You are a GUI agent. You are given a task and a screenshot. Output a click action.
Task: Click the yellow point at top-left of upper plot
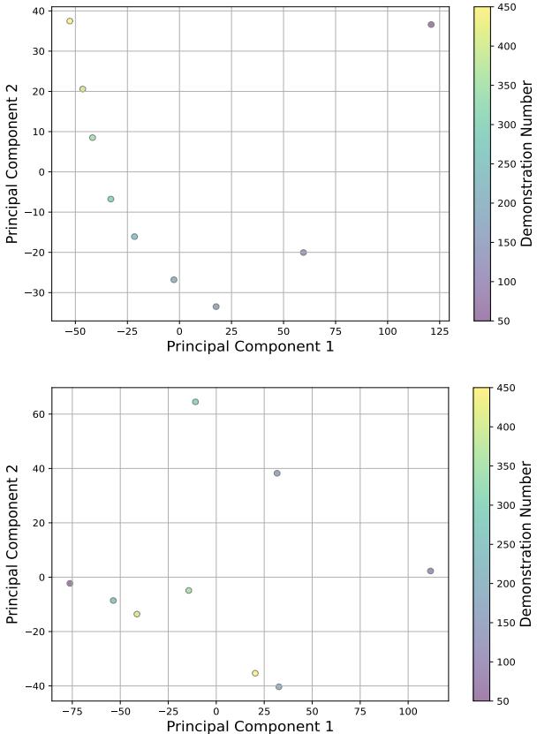(70, 21)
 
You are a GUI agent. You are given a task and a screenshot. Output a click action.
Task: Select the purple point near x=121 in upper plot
(431, 25)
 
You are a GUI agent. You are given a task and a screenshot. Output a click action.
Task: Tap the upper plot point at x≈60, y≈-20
(303, 253)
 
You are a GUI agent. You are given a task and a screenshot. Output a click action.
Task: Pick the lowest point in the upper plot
(216, 306)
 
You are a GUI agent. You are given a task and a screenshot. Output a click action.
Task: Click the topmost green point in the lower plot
(195, 402)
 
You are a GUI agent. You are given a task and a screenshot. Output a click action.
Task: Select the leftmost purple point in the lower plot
(70, 583)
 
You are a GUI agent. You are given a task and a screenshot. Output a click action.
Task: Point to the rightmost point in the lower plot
(430, 571)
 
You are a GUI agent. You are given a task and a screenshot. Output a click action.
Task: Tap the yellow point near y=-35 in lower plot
(255, 673)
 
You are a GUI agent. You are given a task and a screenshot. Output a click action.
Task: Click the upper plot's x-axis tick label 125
(439, 331)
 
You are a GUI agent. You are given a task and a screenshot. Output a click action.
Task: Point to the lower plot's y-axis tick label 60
(37, 414)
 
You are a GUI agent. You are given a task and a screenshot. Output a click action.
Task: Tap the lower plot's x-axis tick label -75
(70, 711)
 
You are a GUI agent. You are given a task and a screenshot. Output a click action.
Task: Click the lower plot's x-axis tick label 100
(408, 711)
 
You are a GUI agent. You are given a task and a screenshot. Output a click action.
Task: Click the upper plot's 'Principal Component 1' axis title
(250, 346)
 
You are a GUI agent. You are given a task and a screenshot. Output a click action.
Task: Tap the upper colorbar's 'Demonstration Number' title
(527, 164)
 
